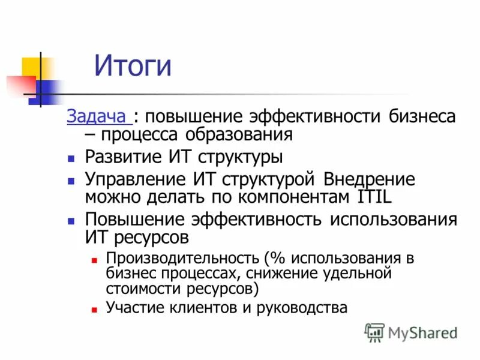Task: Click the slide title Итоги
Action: point(133,66)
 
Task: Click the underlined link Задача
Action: point(92,116)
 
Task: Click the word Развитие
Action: point(122,158)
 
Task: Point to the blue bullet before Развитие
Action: point(71,159)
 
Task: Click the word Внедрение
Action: point(369,179)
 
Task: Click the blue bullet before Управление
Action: point(71,180)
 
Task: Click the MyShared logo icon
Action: point(374,332)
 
